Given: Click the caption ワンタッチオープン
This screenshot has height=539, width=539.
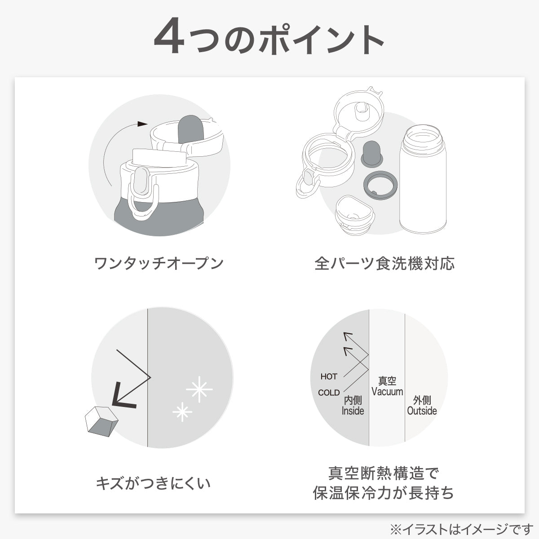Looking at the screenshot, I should coord(159,263).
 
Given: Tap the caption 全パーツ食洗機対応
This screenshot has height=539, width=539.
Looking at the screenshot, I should coord(384,263).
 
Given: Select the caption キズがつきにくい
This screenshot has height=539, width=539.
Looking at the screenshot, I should coord(153,484).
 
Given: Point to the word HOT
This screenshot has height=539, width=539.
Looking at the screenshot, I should coord(329,376).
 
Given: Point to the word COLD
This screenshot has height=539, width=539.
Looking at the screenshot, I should coord(329,393).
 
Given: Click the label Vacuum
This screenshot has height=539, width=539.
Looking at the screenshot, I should coord(387,392).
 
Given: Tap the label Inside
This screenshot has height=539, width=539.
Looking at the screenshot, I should coord(353,411).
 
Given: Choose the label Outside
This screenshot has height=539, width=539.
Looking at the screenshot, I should coord(422,411).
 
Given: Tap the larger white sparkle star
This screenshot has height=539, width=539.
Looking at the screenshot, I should coord(199,390).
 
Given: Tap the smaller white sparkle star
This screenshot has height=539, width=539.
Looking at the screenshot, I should coord(182,411).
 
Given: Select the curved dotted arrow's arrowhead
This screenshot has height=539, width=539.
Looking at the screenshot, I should coord(142,124).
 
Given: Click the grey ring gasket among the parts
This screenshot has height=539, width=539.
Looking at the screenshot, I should coord(380,185).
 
